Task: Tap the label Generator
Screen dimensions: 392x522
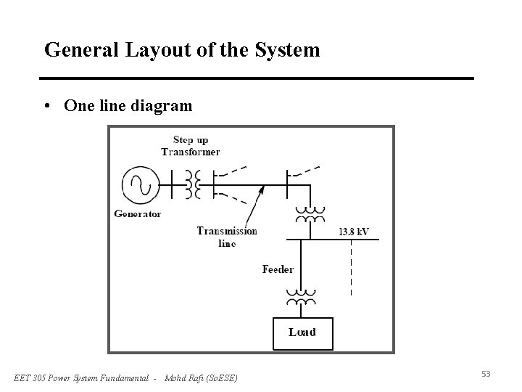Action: [138, 214]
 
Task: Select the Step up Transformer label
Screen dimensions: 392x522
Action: [191, 146]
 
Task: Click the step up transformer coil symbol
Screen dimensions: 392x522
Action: [193, 184]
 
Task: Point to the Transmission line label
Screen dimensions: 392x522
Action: [227, 237]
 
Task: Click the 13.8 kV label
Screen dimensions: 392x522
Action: [354, 232]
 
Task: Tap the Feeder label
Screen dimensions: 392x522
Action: [278, 269]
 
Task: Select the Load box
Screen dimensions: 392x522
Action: [302, 332]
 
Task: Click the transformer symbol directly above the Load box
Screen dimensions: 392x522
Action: [301, 298]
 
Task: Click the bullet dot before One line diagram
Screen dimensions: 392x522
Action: [48, 106]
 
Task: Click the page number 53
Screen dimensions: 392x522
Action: [486, 374]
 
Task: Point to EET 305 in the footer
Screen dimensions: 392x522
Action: [30, 377]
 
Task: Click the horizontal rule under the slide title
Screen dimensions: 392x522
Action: [257, 78]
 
